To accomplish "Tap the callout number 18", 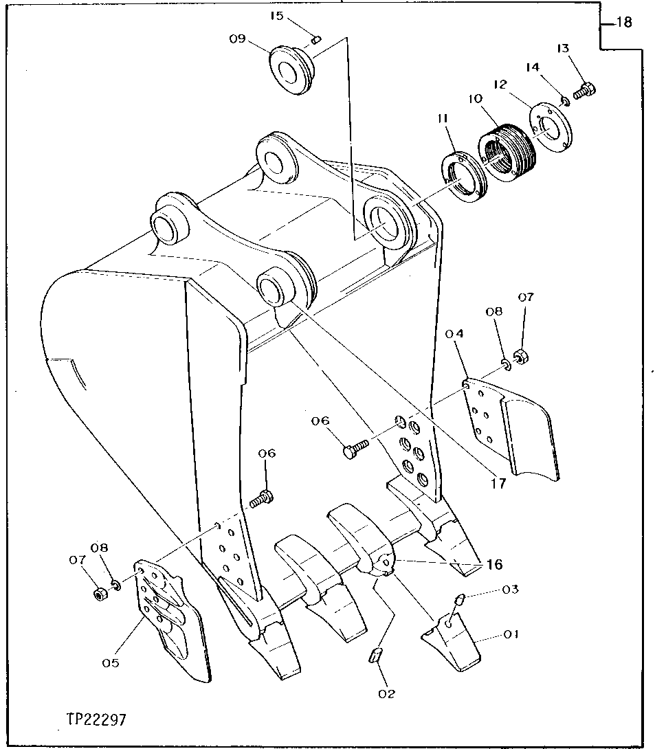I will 623,23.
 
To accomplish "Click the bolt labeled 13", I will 584,90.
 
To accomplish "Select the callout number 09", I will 237,39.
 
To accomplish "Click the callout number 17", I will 498,483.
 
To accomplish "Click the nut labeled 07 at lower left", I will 99,592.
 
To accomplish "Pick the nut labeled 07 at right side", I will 521,357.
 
